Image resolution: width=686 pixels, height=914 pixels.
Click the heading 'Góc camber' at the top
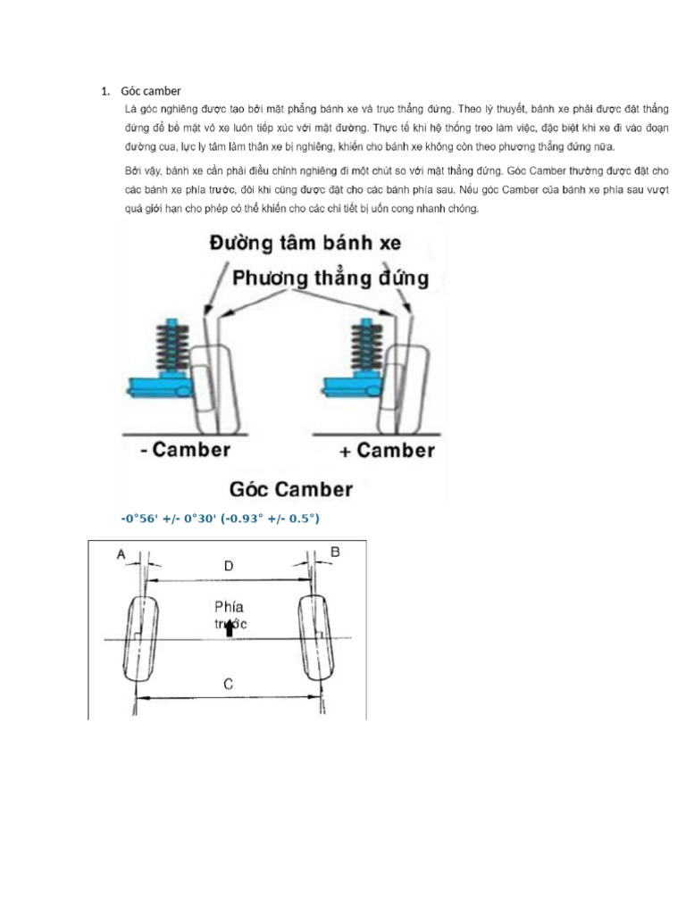click(151, 91)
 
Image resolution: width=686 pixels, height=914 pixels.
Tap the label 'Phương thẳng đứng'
click(330, 278)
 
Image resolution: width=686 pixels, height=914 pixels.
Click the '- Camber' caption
click(185, 449)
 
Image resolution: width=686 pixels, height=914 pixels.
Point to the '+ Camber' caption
click(387, 450)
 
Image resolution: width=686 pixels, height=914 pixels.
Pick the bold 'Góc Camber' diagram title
click(290, 489)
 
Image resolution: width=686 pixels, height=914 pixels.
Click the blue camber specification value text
click(220, 519)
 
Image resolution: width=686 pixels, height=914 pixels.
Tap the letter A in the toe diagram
click(120, 554)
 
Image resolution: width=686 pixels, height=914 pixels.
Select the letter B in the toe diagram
click(335, 553)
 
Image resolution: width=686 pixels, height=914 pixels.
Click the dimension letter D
click(229, 566)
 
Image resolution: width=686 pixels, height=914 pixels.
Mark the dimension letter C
click(228, 685)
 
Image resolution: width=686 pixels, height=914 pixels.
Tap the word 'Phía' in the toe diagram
click(229, 608)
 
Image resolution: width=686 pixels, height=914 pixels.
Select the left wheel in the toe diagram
click(142, 639)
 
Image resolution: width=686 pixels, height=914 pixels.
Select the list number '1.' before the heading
click(105, 91)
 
